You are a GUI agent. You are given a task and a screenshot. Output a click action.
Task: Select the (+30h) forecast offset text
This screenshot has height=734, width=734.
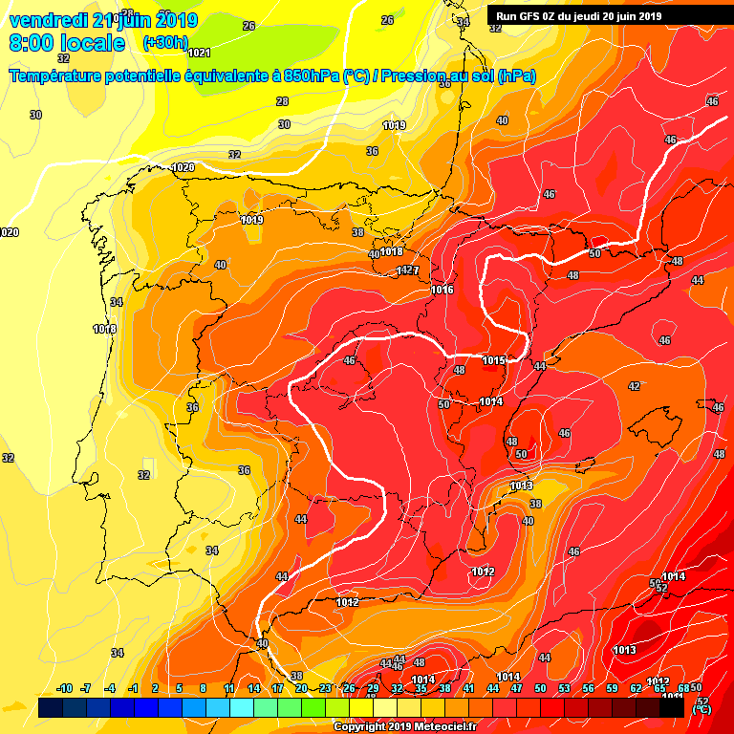click(165, 43)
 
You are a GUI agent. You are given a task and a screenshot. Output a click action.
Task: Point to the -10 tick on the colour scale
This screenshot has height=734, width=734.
click(65, 688)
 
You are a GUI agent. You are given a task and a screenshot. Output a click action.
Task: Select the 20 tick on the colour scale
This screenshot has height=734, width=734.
click(301, 688)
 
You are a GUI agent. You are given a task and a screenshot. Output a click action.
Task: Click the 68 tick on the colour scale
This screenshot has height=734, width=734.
click(683, 688)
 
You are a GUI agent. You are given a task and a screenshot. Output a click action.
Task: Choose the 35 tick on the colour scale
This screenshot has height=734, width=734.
click(421, 688)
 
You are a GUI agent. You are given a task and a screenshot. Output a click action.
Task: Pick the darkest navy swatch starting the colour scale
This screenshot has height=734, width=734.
click(52, 707)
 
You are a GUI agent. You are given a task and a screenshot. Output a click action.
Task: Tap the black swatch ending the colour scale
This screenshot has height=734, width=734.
click(671, 707)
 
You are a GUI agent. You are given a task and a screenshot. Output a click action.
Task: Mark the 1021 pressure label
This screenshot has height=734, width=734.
click(200, 53)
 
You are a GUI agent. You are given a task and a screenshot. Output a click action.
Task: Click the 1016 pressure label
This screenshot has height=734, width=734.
click(442, 290)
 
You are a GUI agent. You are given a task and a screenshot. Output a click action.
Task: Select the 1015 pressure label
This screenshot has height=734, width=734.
click(493, 360)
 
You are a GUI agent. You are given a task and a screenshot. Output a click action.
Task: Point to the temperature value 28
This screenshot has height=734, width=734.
click(282, 101)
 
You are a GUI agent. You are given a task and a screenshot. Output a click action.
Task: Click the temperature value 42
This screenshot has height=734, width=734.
click(634, 386)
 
